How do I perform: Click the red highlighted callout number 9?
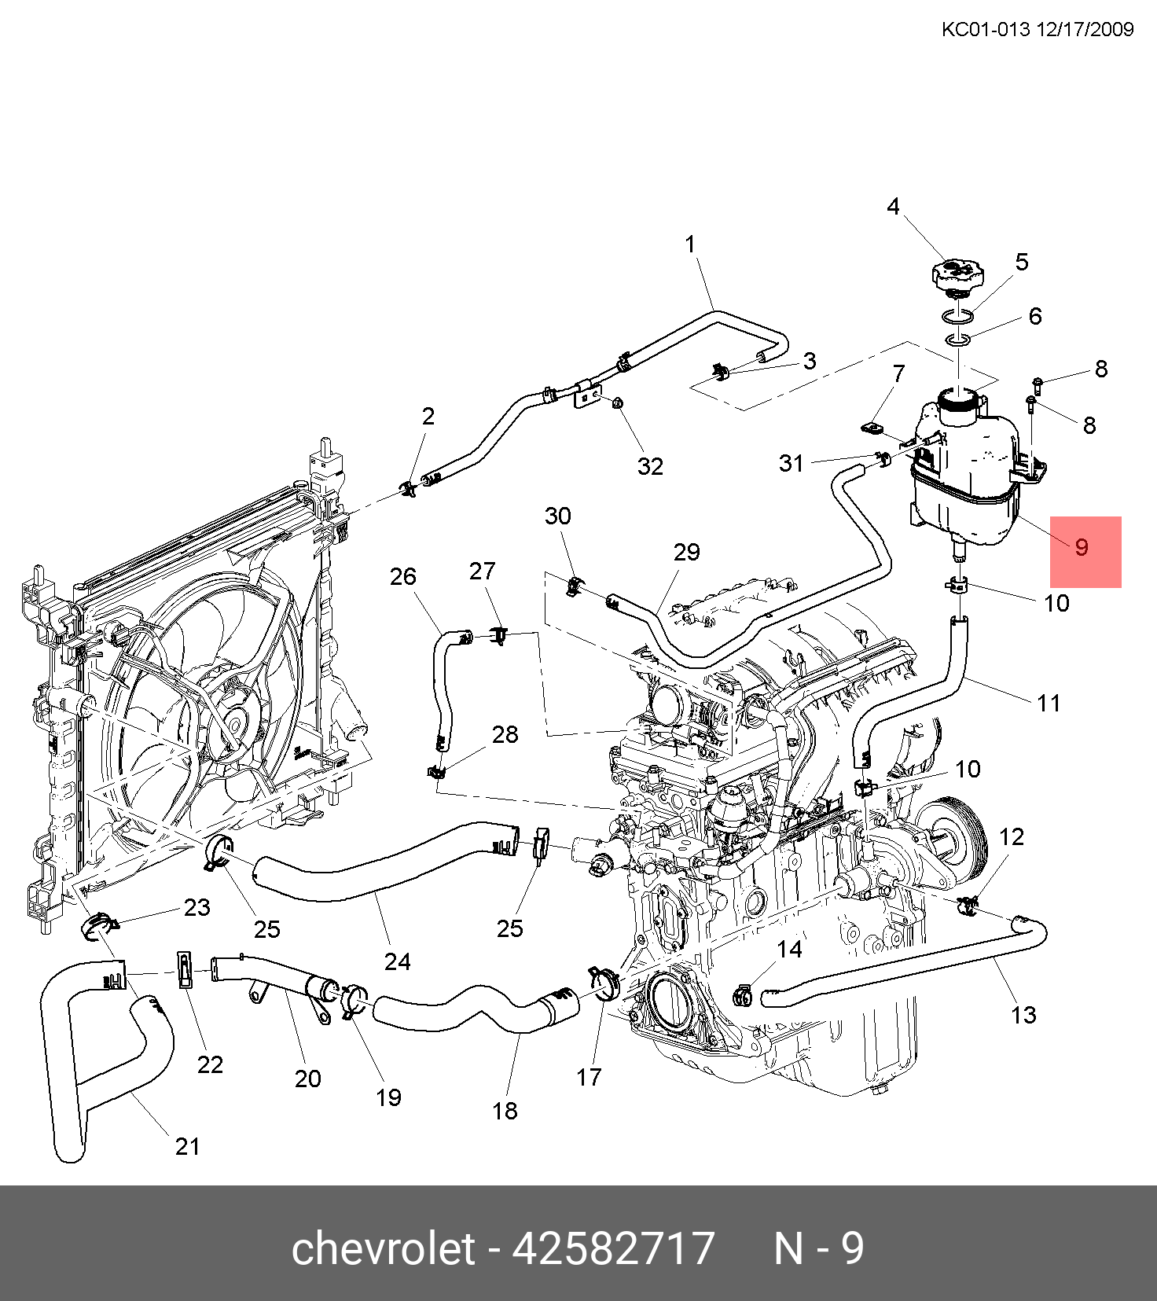[x=1082, y=548]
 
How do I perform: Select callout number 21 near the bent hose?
[x=188, y=1146]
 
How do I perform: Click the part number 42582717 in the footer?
[x=613, y=1248]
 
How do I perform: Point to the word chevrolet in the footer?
[x=383, y=1248]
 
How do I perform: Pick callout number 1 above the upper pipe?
[x=690, y=244]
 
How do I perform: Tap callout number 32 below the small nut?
[x=650, y=467]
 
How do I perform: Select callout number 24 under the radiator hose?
[x=398, y=961]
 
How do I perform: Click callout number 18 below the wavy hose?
[x=505, y=1111]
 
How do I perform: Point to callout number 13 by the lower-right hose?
[x=1023, y=1015]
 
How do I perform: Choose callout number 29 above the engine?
[x=686, y=552]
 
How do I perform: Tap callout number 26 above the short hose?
[x=402, y=577]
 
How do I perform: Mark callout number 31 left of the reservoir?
[x=792, y=464]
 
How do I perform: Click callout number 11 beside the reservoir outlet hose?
[x=1049, y=703]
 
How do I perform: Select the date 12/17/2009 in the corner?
[x=1085, y=30]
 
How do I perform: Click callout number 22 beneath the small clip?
[x=210, y=1064]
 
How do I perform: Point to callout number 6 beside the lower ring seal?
[x=1035, y=317]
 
